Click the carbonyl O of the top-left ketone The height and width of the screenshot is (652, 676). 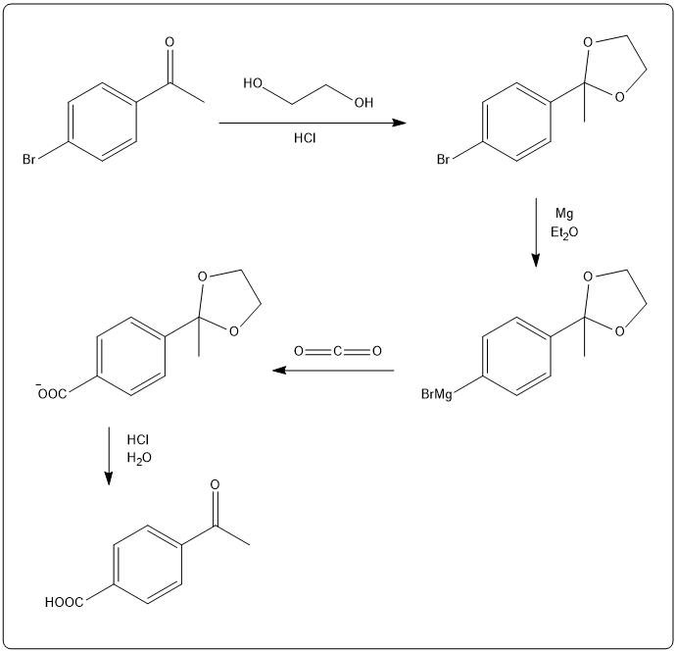click(x=169, y=43)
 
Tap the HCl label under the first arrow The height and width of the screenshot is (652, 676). click(x=306, y=139)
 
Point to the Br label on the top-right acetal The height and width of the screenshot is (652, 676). click(x=445, y=157)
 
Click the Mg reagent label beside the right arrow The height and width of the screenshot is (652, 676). click(x=563, y=213)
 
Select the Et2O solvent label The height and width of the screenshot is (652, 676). click(x=564, y=231)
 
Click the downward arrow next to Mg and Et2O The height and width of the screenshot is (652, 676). click(x=536, y=232)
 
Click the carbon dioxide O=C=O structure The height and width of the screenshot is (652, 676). click(x=336, y=350)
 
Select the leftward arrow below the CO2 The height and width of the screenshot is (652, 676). click(x=333, y=371)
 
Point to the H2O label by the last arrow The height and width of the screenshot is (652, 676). click(x=139, y=457)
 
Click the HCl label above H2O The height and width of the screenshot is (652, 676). click(x=138, y=438)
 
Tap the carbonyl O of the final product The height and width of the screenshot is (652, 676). click(x=215, y=483)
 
